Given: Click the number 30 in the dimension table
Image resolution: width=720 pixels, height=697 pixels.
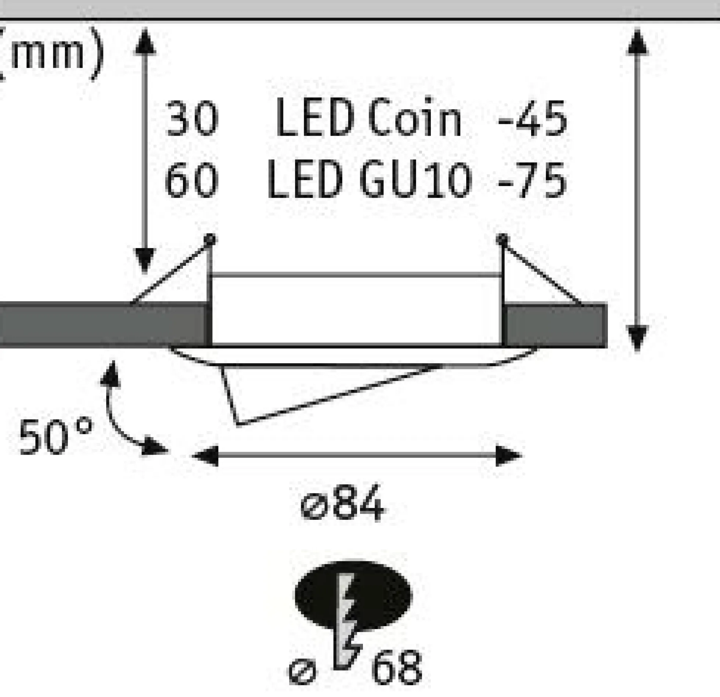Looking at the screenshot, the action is pos(192,118).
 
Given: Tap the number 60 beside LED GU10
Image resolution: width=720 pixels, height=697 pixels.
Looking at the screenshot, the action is pos(192,180).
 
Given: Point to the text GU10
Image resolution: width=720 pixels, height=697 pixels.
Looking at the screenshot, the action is pos(415,180).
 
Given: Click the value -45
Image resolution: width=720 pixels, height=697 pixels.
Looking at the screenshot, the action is pos(532,118).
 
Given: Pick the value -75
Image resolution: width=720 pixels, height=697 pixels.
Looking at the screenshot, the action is pos(532,180).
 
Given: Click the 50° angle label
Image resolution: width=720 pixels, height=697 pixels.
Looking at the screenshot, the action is pos(55,437).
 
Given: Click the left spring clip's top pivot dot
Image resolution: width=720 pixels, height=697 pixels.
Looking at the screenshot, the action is pos(210,239).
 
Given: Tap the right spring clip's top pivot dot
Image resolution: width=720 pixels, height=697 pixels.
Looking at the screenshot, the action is pos(502,239).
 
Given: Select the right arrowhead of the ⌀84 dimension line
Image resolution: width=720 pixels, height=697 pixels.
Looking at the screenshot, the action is pos(508,456).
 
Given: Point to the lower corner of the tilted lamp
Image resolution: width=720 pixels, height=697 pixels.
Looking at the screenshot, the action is pos(238,425).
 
